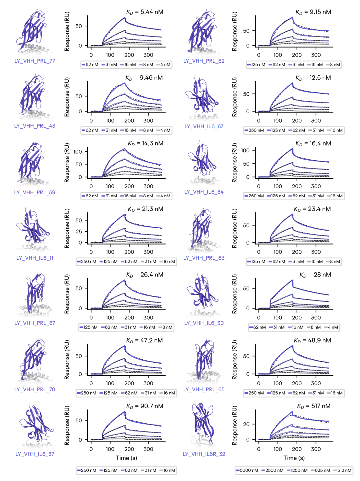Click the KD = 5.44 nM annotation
click(x=144, y=12)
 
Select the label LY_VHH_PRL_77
click(x=35, y=61)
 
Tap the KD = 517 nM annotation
click(x=313, y=406)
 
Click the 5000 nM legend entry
click(x=247, y=470)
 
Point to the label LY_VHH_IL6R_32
click(x=204, y=454)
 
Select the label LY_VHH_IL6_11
click(x=35, y=258)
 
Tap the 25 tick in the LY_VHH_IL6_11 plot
click(x=79, y=231)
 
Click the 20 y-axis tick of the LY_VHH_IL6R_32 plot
click(x=246, y=424)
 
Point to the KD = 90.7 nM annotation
click(x=144, y=406)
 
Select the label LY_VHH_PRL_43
click(x=35, y=126)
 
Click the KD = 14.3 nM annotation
click(x=145, y=143)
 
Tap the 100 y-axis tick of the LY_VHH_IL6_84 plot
click(x=245, y=150)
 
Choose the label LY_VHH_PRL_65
click(x=204, y=389)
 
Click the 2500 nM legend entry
click(x=273, y=470)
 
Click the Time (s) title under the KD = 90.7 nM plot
click(x=126, y=458)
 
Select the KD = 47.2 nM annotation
click(x=144, y=340)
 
